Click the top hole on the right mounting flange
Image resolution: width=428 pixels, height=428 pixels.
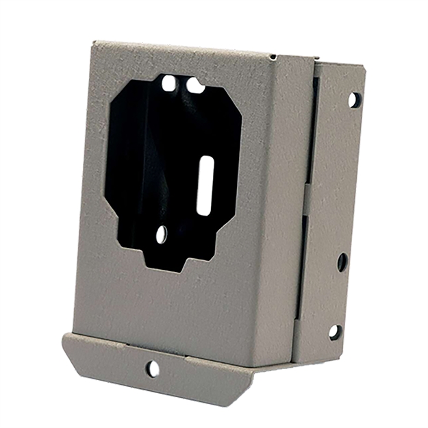[x=354, y=100]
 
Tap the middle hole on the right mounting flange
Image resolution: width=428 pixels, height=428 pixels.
[x=342, y=262]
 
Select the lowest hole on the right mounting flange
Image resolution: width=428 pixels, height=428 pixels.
[x=335, y=332]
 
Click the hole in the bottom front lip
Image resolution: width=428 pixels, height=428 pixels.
[x=153, y=369]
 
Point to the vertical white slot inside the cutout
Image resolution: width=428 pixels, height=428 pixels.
[x=205, y=185]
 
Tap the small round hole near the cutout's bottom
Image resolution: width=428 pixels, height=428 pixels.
[x=162, y=235]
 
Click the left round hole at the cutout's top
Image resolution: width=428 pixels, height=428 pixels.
[x=168, y=84]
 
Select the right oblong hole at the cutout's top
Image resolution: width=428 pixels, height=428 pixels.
[x=195, y=86]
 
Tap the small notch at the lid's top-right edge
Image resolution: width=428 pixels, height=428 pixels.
[x=273, y=58]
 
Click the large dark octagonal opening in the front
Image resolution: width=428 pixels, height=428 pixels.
[x=171, y=164]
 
